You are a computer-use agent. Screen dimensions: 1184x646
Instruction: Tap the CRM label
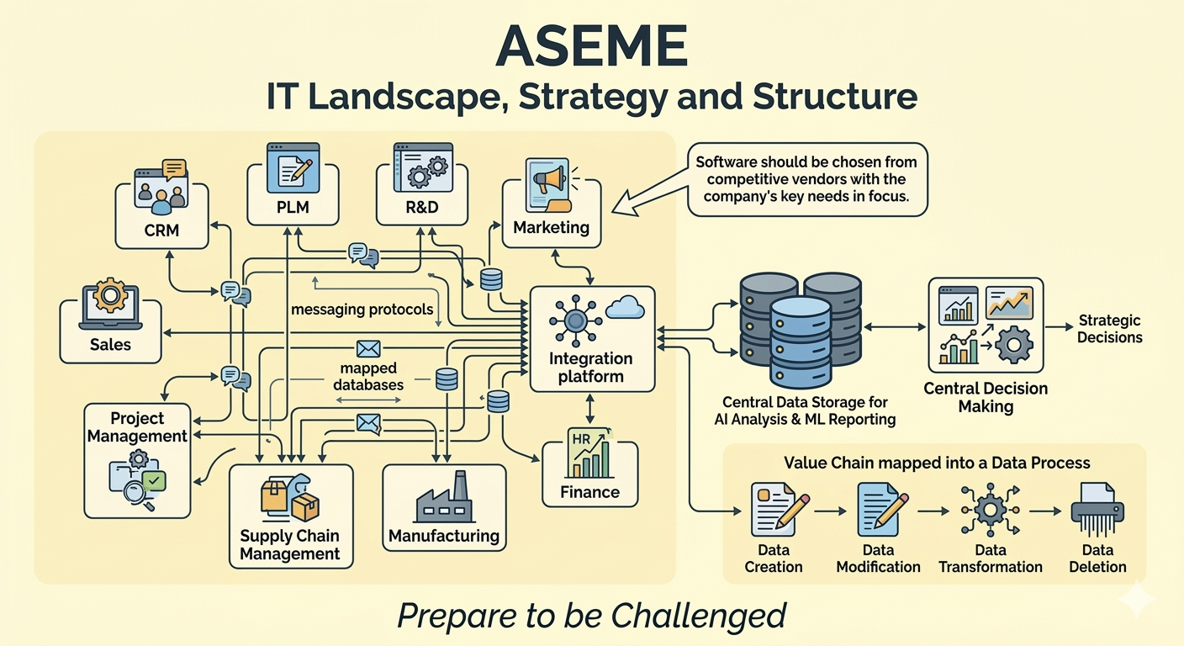161,230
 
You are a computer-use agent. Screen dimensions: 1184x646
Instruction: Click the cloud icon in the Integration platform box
626,307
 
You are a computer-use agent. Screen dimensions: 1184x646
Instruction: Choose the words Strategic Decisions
1110,329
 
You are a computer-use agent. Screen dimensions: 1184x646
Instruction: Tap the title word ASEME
592,45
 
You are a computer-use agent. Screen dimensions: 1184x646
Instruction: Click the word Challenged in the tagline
698,616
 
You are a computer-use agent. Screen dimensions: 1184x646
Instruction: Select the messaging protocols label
362,310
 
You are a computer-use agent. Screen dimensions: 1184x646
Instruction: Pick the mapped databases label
368,376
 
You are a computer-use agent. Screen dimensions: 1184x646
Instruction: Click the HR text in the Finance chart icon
581,439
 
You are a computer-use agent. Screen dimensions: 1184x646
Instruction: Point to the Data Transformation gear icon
990,510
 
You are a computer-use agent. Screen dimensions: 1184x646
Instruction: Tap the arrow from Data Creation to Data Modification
830,511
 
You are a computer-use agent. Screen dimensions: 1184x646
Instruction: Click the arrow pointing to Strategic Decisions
1060,327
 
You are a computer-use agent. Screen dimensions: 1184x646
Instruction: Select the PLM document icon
293,167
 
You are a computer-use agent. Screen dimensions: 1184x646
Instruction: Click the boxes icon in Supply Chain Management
290,497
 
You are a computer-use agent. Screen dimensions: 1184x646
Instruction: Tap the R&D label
422,207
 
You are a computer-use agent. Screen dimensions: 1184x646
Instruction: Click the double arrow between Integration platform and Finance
589,409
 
